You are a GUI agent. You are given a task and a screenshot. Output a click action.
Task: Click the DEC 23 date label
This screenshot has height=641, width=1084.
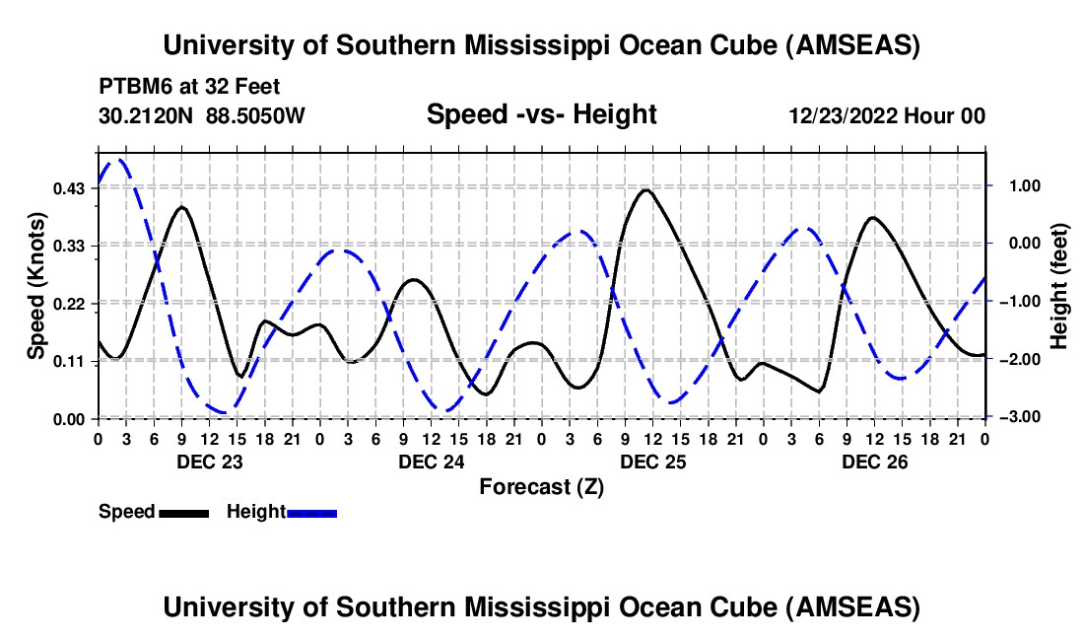[x=209, y=461]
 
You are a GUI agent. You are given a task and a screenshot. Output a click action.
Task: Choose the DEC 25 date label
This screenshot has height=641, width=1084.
[x=652, y=461]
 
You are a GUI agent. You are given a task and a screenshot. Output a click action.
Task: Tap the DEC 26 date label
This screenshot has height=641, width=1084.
[x=874, y=461]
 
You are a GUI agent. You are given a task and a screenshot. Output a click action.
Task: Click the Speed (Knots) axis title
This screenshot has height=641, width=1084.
[x=35, y=286]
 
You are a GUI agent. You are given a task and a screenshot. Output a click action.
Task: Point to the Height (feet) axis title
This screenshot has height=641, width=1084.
[x=1059, y=286]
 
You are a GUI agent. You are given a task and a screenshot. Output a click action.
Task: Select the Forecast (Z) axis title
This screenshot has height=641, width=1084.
[x=541, y=486]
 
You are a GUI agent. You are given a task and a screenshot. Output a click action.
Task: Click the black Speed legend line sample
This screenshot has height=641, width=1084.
[x=183, y=512]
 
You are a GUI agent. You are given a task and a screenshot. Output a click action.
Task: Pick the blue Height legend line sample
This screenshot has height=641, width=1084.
[x=311, y=512]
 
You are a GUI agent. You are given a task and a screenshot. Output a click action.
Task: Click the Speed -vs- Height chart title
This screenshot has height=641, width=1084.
[x=541, y=114]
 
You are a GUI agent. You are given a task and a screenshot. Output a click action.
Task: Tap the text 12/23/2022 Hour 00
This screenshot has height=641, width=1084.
[x=887, y=115]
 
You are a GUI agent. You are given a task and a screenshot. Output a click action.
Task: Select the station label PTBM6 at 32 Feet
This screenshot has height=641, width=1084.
[x=190, y=87]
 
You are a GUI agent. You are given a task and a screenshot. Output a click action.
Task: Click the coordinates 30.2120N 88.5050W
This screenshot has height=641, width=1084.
[x=202, y=115]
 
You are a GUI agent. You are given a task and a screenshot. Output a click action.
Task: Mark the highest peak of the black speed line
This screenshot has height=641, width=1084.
[x=645, y=189]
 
